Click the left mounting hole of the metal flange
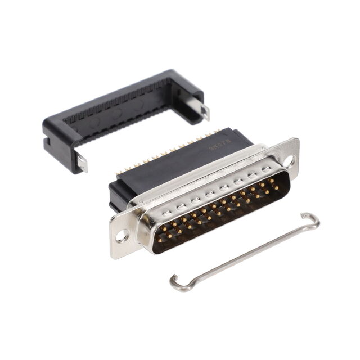(x=121, y=236)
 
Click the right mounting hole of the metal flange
(x=289, y=161)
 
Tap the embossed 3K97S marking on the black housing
(x=217, y=147)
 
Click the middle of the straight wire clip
(x=245, y=251)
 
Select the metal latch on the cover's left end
(x=82, y=163)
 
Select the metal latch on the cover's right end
(x=204, y=111)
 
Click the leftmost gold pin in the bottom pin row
(x=160, y=240)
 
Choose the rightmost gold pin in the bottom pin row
(x=277, y=188)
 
